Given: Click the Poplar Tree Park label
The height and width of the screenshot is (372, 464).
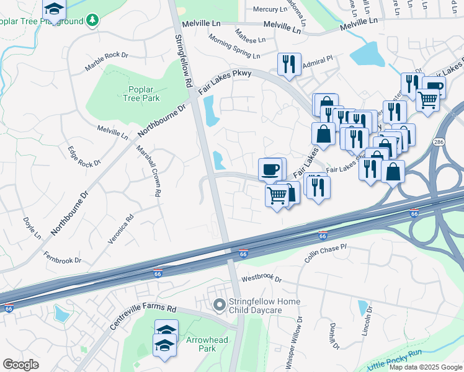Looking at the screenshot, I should pos(141,94).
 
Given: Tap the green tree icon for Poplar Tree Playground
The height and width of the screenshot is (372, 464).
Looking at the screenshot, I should pos(92,21).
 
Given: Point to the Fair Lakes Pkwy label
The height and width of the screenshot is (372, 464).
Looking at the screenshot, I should pos(225,82).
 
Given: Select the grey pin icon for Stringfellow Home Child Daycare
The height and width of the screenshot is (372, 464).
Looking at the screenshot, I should pos(218,304).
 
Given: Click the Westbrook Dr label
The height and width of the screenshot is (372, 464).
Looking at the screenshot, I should pos(261,279).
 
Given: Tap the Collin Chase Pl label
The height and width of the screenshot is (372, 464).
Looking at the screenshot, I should pos(324,252).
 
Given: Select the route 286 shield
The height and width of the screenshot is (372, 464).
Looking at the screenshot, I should pos(439,141).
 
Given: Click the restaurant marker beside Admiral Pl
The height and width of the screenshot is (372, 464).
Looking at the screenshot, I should pos(289,64).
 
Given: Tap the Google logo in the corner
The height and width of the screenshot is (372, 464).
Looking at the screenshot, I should pos(20,365).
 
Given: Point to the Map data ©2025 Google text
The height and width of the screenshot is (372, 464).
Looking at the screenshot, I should pos(425,367).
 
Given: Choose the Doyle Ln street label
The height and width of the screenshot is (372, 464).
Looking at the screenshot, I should pos(32,228).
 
